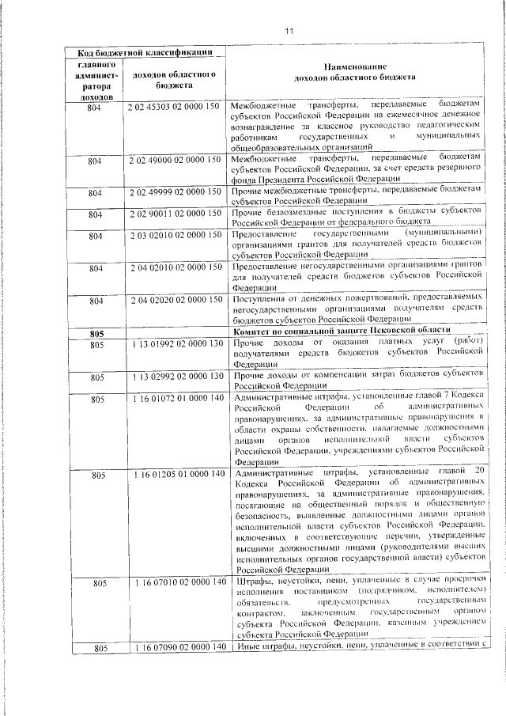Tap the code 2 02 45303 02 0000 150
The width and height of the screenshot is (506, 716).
click(x=173, y=106)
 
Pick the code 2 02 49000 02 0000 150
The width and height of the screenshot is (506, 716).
click(x=173, y=161)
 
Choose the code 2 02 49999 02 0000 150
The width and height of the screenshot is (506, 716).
click(x=173, y=192)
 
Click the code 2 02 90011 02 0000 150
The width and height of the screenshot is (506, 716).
click(x=173, y=214)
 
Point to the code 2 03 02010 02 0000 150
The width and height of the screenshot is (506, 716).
click(x=173, y=236)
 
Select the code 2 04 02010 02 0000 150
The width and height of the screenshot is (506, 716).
click(x=173, y=268)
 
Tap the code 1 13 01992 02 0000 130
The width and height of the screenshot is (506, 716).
click(x=173, y=344)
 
